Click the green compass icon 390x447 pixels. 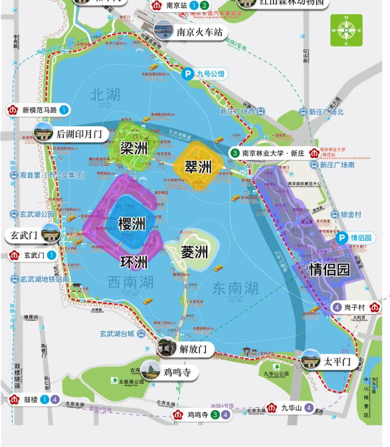pyautogui.click(x=346, y=30)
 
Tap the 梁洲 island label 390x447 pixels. pyautogui.click(x=134, y=148)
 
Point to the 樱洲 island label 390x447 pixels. pyautogui.click(x=132, y=224)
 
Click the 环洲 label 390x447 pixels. pyautogui.click(x=134, y=261)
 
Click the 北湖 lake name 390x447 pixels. pyautogui.click(x=106, y=94)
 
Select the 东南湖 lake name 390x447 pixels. pyautogui.click(x=235, y=288)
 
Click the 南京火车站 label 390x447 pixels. pyautogui.click(x=198, y=31)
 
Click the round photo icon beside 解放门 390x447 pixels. pyautogui.click(x=165, y=347)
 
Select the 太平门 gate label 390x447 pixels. pyautogui.click(x=336, y=362)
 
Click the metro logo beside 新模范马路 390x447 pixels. pyautogui.click(x=12, y=110)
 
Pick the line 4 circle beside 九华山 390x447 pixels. pyautogui.click(x=309, y=408)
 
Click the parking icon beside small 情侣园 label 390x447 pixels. pyautogui.click(x=341, y=238)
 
